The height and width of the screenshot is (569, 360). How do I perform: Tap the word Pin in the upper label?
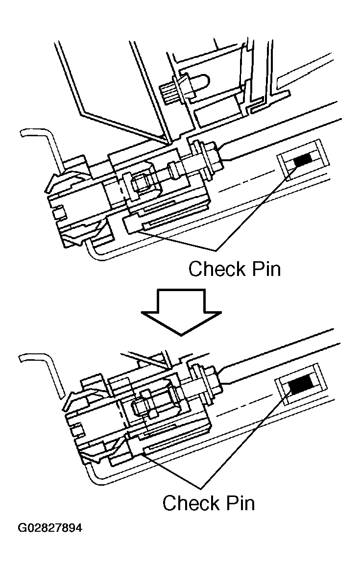[x=264, y=269]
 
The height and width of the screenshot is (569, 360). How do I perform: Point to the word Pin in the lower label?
[x=238, y=503]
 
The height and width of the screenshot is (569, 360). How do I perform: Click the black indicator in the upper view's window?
[x=302, y=159]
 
